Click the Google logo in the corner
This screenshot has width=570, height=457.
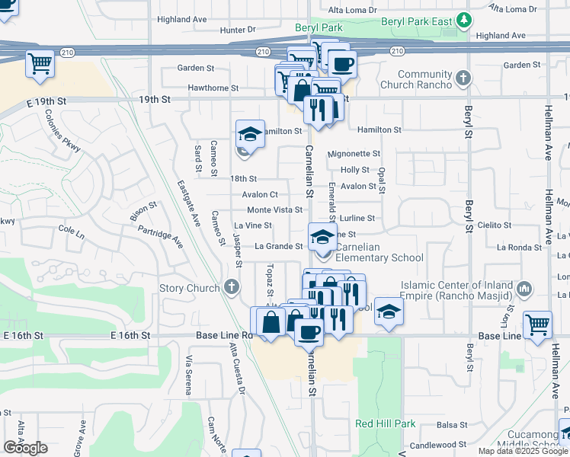coord(25,448)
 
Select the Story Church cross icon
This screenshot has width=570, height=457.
coord(233,288)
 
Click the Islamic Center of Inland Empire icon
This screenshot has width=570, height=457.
coord(524,289)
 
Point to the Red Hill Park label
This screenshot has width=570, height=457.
coord(386,423)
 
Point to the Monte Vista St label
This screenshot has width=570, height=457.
coord(275,210)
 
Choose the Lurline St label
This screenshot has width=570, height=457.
coord(357,218)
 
